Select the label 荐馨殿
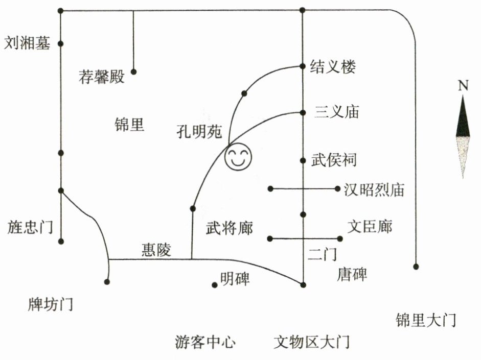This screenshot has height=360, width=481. tap(102, 77)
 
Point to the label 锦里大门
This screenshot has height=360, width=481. tap(425, 321)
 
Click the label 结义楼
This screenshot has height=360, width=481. tap(333, 67)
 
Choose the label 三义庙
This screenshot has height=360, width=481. tap(336, 112)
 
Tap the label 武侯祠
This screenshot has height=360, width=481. tap(334, 160)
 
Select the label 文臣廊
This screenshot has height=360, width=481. tap(370, 226)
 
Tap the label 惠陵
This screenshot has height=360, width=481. tap(156, 250)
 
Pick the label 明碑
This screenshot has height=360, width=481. tap(235, 279)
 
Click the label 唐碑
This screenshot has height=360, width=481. tap(352, 275)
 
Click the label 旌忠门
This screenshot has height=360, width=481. tap(30, 227)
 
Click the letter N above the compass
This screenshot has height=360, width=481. tap(463, 86)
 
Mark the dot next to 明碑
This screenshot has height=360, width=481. tap(215, 285)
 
